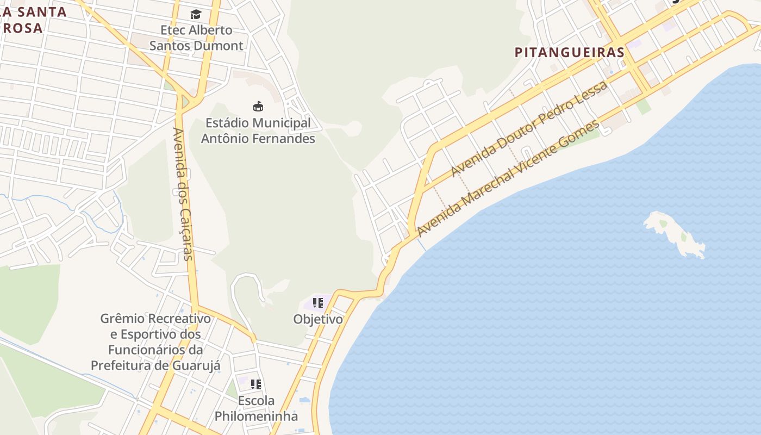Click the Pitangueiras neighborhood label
569,52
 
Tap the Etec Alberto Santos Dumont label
196,38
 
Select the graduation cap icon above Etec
196,14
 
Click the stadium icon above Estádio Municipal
258,106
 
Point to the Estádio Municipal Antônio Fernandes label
258,130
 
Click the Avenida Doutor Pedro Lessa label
529,129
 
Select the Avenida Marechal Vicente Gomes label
508,178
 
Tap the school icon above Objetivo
318,303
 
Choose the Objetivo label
318,319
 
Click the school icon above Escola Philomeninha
256,384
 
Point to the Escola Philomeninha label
256,408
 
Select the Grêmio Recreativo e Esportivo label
155,341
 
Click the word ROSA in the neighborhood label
23,28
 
